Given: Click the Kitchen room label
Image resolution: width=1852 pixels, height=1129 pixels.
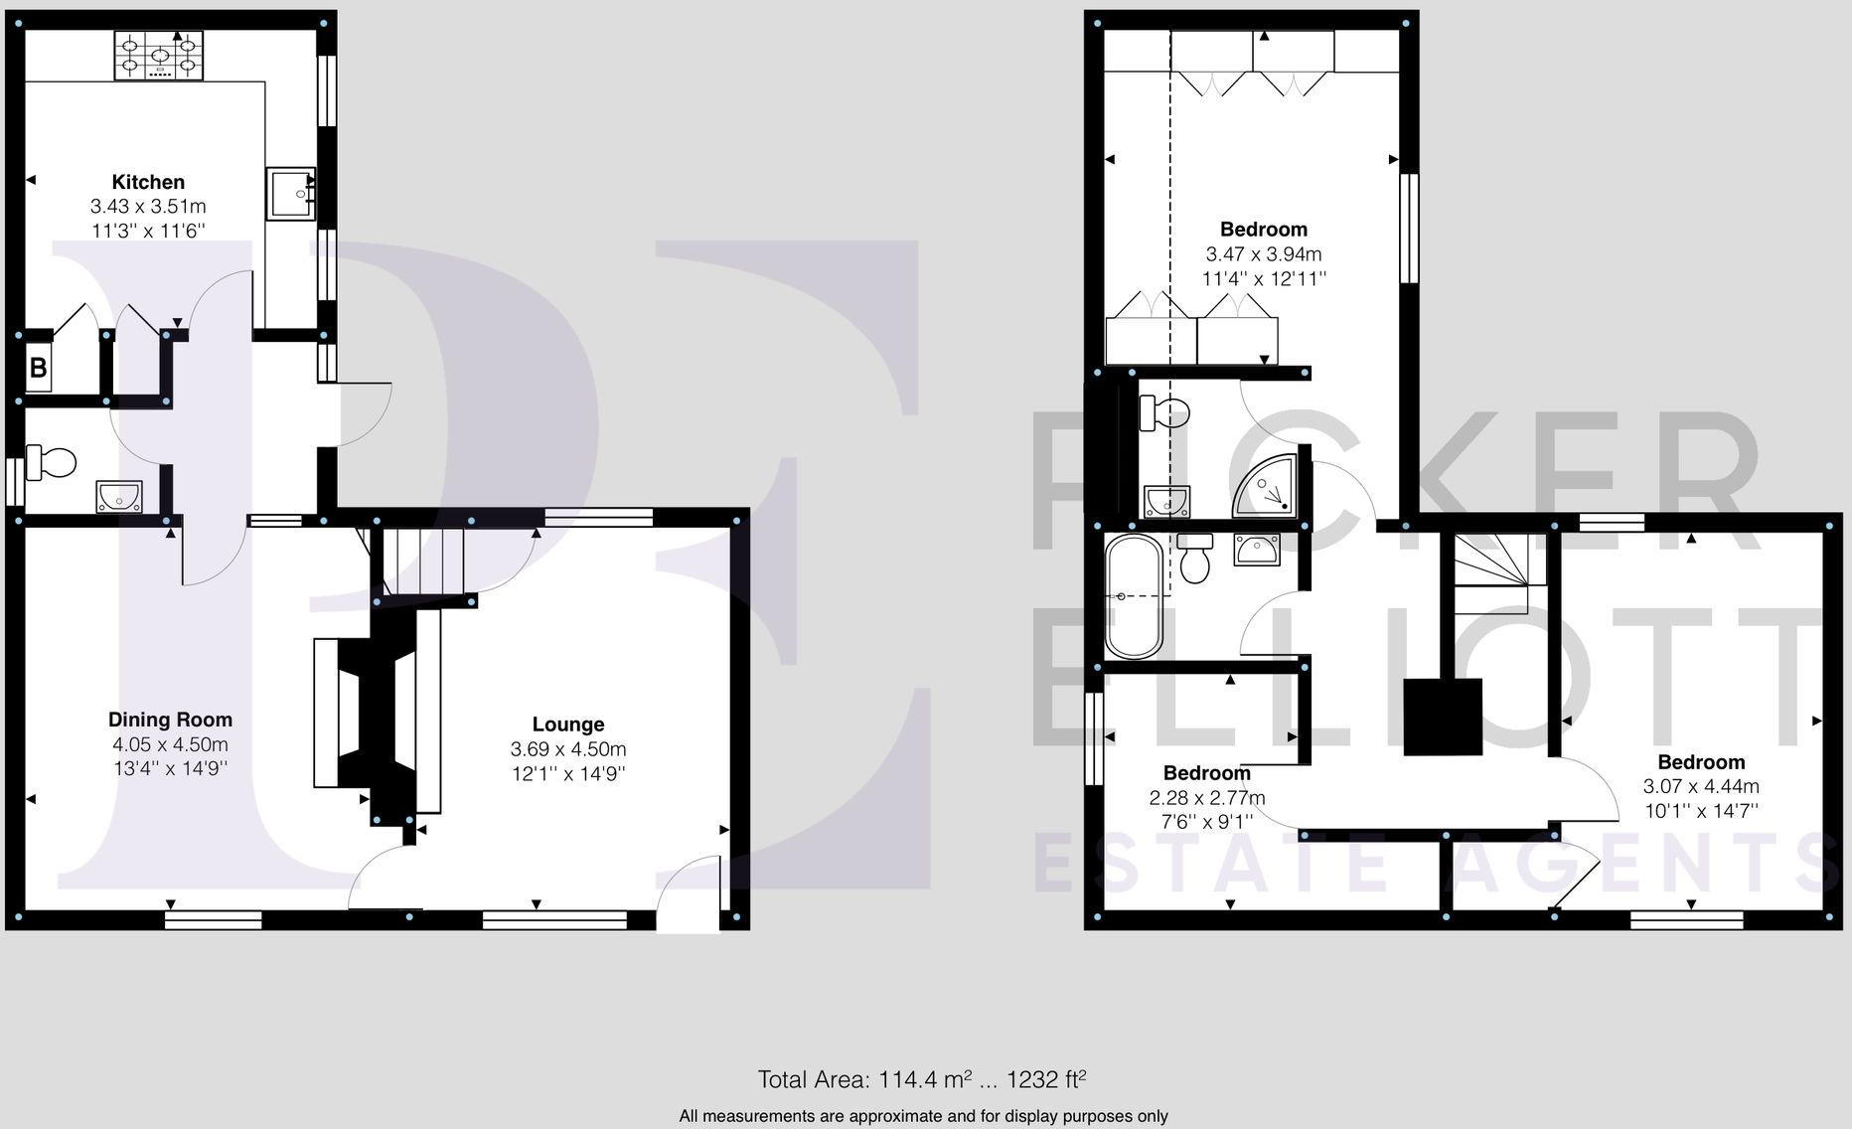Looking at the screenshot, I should point(148,182).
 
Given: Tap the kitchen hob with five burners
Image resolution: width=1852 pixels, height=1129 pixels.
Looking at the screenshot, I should point(159,56).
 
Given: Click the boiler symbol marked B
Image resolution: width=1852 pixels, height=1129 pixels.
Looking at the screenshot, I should point(38,369).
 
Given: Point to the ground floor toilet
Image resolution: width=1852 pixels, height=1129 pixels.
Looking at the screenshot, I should point(52,462).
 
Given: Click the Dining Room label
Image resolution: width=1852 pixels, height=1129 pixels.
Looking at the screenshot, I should point(170,720).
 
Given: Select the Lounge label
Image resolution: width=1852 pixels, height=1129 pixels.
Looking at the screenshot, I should point(568,725).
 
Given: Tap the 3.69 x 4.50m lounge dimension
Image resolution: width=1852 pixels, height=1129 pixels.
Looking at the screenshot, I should point(568,749).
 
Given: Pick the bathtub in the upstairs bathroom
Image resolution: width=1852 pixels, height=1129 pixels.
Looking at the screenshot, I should point(1133,596).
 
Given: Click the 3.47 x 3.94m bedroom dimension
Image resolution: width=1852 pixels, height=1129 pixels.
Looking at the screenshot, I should point(1264,254).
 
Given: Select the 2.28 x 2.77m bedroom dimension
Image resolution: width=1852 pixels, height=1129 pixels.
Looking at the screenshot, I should point(1207,797).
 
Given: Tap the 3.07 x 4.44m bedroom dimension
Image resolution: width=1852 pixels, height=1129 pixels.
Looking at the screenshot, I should point(1701,787).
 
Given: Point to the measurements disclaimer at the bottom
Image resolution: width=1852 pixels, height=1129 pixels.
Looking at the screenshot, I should point(923,1116).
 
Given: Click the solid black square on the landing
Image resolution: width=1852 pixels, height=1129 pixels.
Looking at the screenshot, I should point(1442,717).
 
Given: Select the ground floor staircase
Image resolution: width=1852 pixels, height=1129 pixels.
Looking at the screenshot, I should point(423,562).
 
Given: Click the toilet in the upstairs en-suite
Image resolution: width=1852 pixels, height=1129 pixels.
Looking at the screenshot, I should point(1163,411).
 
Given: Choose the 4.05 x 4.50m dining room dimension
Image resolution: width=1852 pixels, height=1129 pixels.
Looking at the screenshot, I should point(170,744).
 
